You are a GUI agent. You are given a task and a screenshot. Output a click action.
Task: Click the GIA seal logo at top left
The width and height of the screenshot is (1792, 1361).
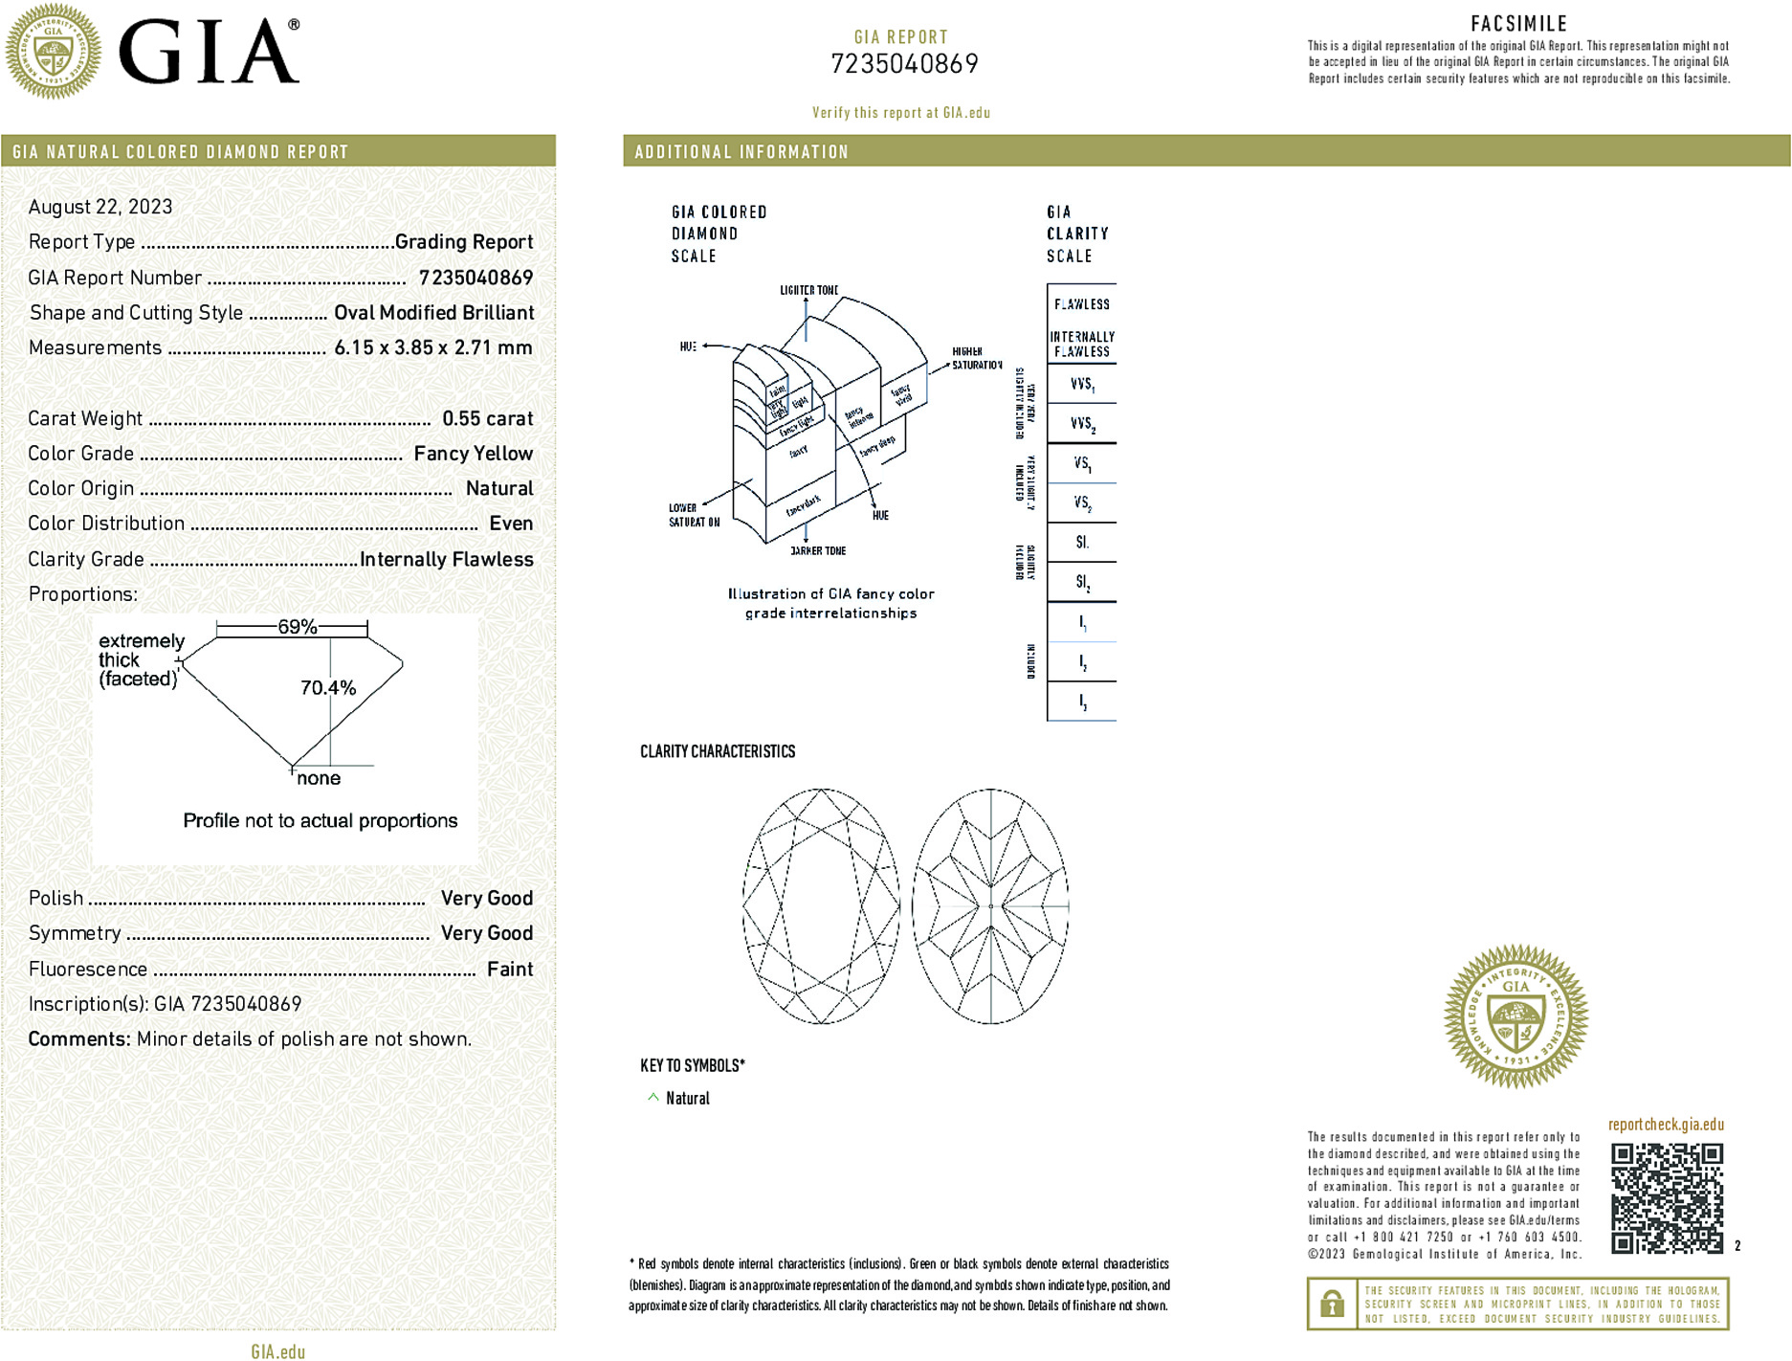tap(53, 51)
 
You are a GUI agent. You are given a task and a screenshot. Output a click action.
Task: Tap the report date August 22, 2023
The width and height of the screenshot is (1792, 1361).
tap(100, 207)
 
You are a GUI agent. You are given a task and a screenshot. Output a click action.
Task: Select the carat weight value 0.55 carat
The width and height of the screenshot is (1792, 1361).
tap(487, 418)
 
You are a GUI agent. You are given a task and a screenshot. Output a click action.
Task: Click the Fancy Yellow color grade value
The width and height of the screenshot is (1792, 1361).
tap(473, 454)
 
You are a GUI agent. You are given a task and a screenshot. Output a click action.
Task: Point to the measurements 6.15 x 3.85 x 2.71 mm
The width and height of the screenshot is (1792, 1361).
tap(432, 347)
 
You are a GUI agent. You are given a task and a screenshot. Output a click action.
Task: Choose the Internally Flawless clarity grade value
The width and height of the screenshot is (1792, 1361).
tap(446, 559)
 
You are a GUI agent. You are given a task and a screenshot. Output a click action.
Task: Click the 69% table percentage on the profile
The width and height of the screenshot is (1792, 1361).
tap(297, 627)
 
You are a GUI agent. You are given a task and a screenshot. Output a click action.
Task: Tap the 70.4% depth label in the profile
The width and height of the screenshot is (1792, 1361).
tap(327, 687)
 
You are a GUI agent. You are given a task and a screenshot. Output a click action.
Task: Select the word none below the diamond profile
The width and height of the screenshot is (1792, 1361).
tap(319, 778)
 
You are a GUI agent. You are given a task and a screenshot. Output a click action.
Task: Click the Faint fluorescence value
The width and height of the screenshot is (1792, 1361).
tap(509, 969)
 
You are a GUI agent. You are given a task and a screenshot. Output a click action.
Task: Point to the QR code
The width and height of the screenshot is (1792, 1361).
tap(1667, 1197)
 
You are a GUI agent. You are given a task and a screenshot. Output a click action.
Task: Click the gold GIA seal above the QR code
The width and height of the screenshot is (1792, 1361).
tap(1515, 1015)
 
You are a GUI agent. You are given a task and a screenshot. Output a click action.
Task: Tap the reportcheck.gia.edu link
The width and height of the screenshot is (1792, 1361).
tap(1666, 1125)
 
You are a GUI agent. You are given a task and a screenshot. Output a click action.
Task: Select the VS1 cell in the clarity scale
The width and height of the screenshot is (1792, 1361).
tap(1082, 464)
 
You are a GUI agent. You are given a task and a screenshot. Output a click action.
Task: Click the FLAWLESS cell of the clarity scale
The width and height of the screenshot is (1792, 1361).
tap(1082, 304)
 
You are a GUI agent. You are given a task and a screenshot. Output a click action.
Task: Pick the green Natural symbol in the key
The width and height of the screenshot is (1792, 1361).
tap(653, 1098)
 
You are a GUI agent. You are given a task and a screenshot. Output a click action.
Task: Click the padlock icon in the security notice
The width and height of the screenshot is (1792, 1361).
tap(1332, 1304)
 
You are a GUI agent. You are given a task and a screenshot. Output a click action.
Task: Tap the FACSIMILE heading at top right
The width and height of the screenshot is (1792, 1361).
tap(1518, 24)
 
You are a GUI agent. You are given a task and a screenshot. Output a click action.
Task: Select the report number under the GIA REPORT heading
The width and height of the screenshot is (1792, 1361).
tap(904, 64)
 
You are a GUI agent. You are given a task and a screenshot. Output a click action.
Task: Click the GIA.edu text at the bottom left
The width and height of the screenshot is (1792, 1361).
tap(277, 1351)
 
